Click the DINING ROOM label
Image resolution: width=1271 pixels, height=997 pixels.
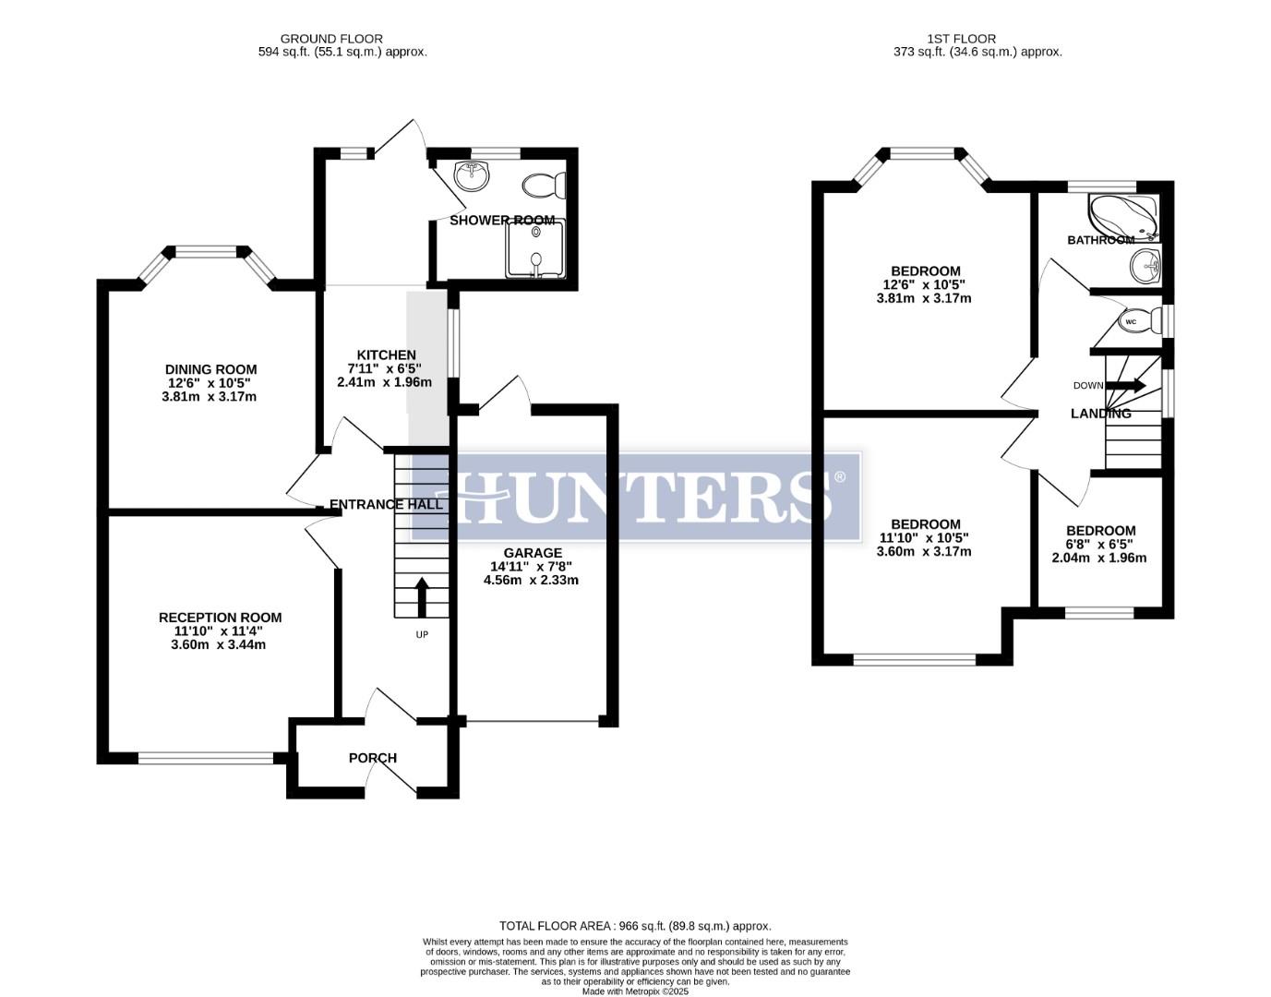click(x=210, y=369)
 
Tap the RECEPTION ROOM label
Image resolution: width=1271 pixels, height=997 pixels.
click(x=220, y=618)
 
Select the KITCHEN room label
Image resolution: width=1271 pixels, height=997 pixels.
click(x=386, y=354)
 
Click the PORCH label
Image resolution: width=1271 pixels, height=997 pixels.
click(x=373, y=758)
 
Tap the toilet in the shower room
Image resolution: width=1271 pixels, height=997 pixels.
click(x=544, y=186)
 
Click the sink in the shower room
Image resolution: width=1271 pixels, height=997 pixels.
click(x=473, y=175)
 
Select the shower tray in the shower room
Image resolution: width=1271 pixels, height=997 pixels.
click(x=534, y=250)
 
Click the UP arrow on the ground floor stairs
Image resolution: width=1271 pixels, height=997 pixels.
click(x=422, y=597)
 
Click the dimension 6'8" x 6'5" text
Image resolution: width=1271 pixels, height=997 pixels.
click(x=1099, y=545)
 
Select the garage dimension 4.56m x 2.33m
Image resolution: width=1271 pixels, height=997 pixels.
click(x=531, y=580)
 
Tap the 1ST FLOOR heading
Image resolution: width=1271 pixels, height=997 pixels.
click(x=962, y=39)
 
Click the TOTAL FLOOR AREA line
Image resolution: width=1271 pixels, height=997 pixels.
click(x=635, y=925)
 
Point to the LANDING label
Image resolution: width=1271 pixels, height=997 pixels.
click(x=1100, y=414)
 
